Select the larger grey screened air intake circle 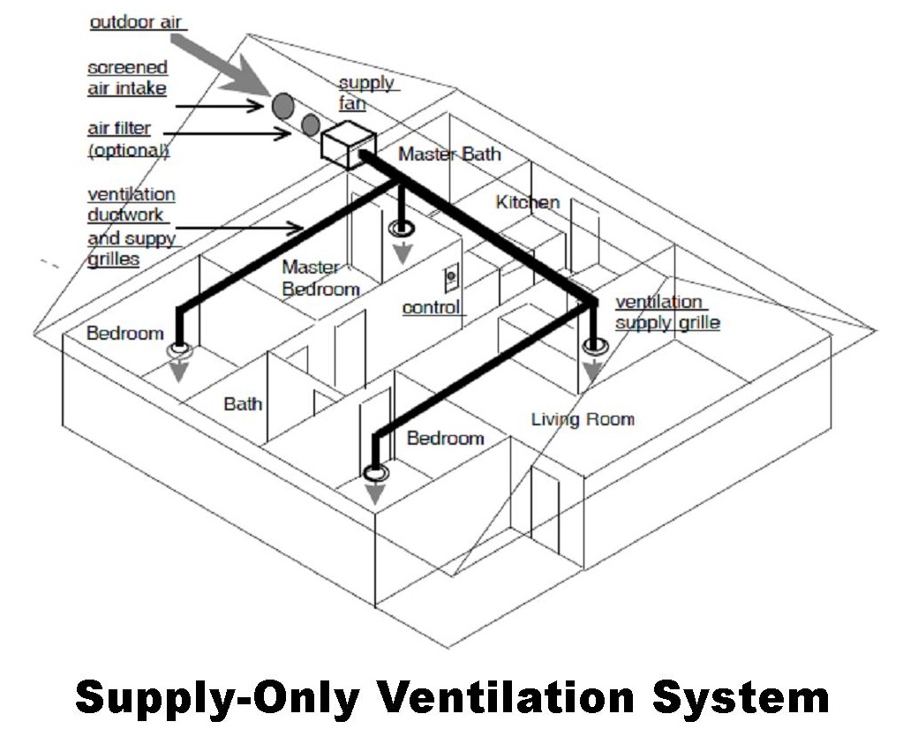282,106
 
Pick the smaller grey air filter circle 310,124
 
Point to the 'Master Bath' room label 449,154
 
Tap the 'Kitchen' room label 528,202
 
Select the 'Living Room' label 583,418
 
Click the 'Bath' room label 243,404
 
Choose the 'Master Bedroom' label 320,278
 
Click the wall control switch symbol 450,281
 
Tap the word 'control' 432,307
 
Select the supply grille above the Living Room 594,347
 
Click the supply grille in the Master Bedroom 402,229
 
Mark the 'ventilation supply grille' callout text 666,312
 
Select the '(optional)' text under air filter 129,150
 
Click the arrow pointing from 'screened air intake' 221,106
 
